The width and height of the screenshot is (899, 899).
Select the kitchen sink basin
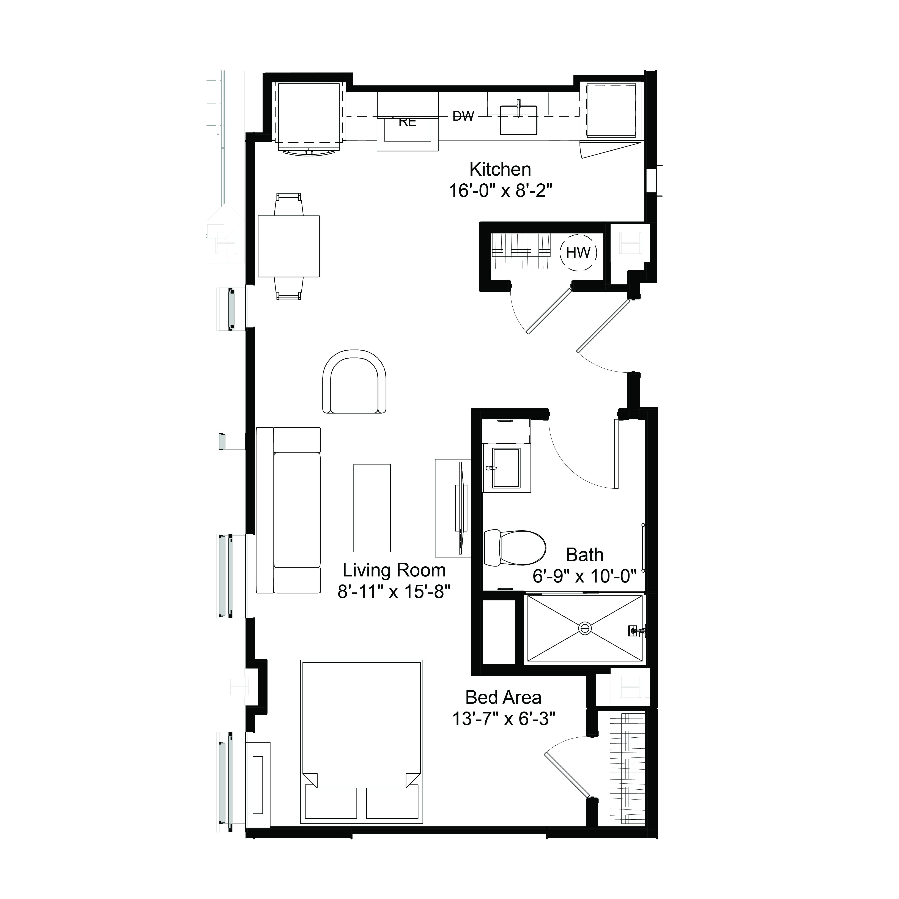pyautogui.click(x=518, y=120)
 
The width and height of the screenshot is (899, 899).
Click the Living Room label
pyautogui.click(x=394, y=570)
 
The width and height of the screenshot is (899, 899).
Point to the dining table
pyautogui.click(x=288, y=246)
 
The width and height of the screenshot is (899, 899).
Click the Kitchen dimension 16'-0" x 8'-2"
pyautogui.click(x=500, y=191)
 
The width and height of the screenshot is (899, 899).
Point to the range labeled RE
pyautogui.click(x=408, y=122)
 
